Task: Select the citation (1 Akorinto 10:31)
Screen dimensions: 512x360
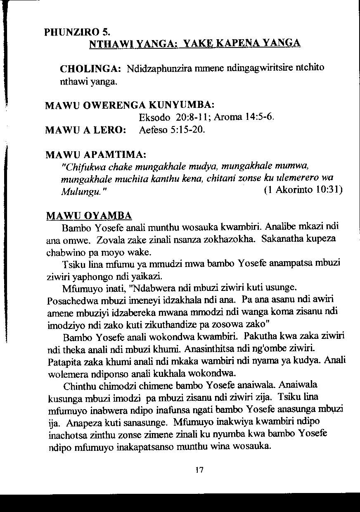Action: coord(302,191)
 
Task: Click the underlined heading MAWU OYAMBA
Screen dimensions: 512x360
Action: coord(89,216)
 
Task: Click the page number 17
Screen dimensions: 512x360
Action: coord(200,470)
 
